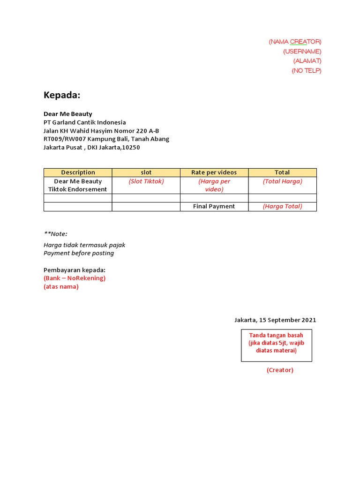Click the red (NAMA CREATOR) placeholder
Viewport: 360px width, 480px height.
pos(295,42)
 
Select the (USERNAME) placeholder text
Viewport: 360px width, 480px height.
pos(302,52)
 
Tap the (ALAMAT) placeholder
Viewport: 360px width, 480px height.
pos(307,61)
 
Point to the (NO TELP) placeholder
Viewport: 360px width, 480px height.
pos(306,71)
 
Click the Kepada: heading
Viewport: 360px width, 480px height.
pos(62,95)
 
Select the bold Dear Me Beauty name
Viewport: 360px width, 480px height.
pos(67,114)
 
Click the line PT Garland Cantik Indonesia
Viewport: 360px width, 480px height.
pos(84,122)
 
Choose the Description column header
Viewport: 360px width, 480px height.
pos(78,172)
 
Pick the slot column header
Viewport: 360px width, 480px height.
pos(146,172)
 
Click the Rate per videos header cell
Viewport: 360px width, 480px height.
pos(214,172)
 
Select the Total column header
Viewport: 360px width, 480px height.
pos(282,172)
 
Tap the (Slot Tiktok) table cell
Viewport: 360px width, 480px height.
pos(146,181)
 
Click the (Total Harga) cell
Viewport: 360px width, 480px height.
pos(282,181)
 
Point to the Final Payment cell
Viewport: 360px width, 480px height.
pos(214,207)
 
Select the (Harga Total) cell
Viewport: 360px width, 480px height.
pos(282,207)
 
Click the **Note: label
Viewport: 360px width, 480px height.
pos(55,234)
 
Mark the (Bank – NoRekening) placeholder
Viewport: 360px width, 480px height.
pos(75,278)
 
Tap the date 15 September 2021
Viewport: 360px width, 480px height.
pos(287,320)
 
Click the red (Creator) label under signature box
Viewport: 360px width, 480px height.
pos(280,370)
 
